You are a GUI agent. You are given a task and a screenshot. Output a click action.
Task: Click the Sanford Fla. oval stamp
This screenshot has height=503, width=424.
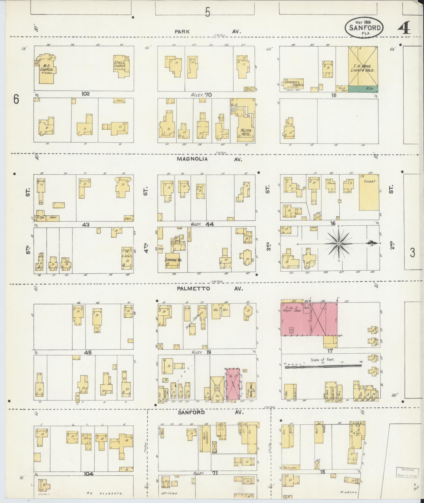coord(364,28)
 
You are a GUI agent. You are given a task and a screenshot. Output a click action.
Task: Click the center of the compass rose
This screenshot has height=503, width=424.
coord(339,244)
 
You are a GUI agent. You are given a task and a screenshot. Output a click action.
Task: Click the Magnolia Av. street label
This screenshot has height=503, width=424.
coord(192,159)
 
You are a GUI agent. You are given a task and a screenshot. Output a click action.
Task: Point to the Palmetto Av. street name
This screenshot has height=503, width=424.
coord(193,289)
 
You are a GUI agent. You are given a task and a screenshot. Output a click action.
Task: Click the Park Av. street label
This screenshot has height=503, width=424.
coord(182,32)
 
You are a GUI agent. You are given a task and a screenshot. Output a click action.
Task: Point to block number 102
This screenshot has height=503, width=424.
coord(86,94)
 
